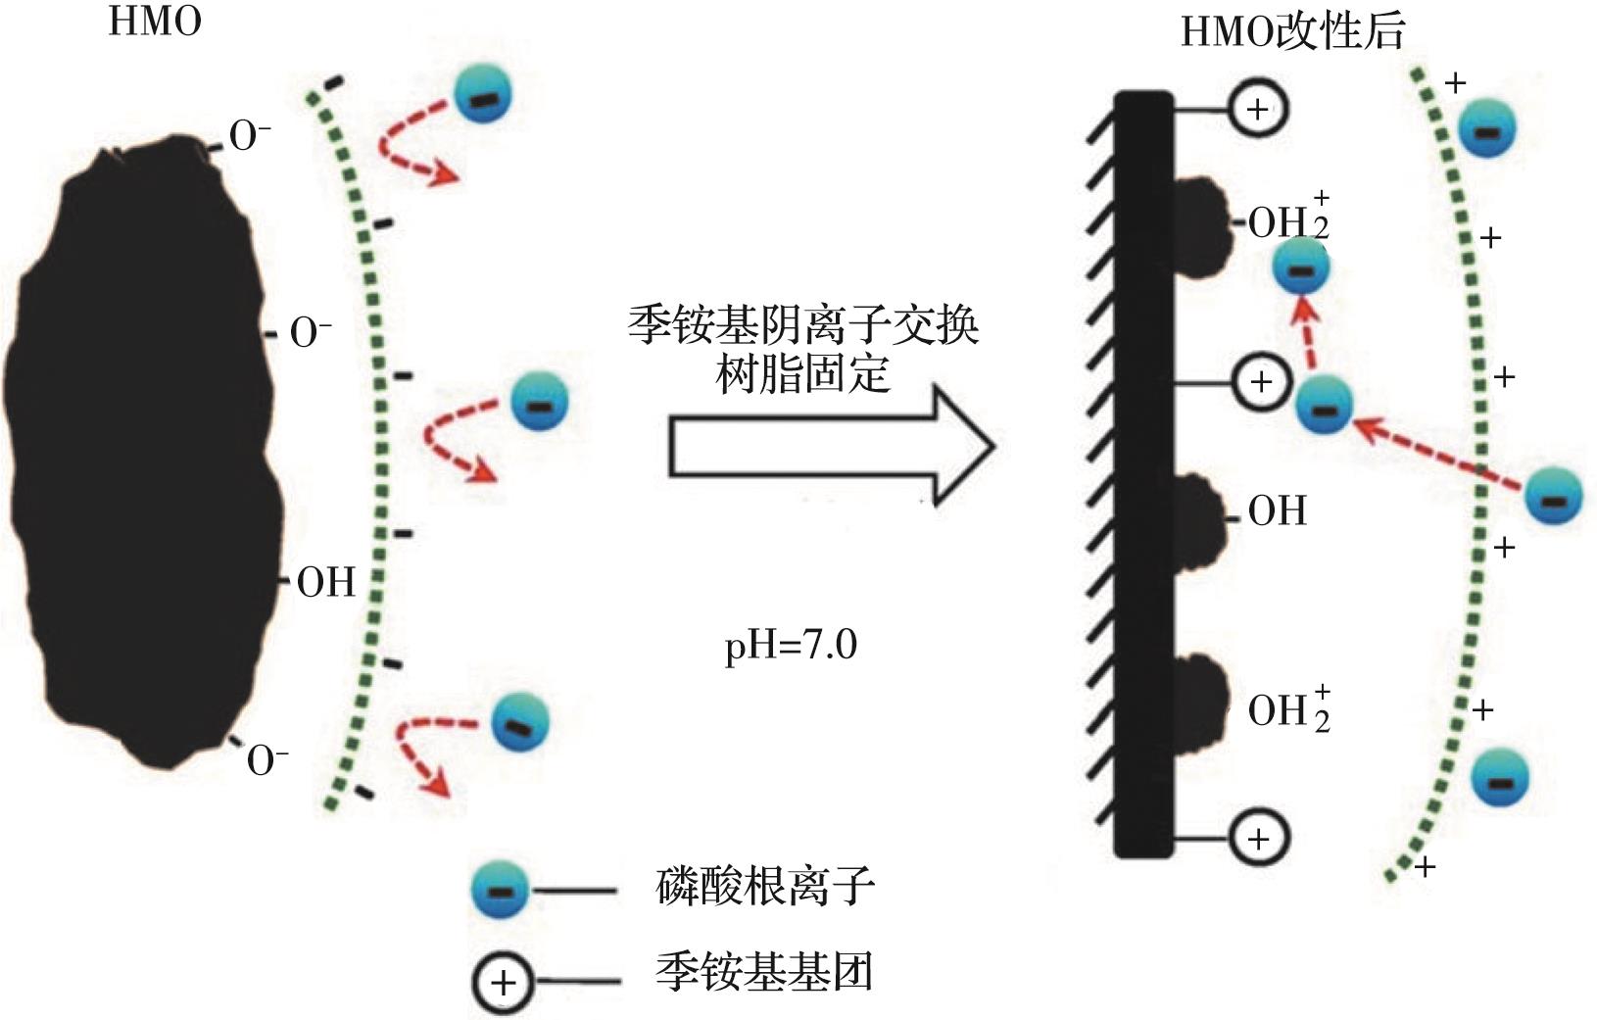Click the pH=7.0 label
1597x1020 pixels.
(790, 647)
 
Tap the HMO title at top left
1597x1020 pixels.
(155, 22)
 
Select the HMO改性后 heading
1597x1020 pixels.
(1292, 31)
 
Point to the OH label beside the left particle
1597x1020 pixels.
(325, 583)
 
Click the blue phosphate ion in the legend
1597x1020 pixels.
(500, 890)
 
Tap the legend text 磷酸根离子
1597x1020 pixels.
(764, 887)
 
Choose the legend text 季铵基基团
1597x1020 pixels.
(764, 973)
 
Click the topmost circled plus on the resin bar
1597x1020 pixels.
(1258, 109)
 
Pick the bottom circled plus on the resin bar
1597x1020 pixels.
(1258, 838)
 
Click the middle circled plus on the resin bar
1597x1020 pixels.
(1261, 382)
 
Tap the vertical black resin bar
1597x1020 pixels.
(1143, 474)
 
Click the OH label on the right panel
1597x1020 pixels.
(1277, 511)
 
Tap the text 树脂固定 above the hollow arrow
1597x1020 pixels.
(803, 373)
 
